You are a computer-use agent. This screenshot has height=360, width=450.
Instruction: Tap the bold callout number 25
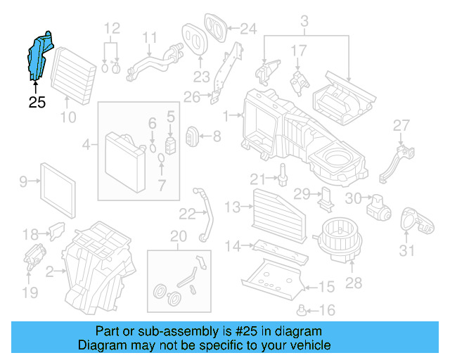click(37, 103)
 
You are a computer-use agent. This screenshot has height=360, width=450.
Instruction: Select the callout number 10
click(67, 117)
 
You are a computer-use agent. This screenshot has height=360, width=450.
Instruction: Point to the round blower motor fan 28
click(338, 235)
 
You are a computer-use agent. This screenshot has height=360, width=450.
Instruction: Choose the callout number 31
click(407, 250)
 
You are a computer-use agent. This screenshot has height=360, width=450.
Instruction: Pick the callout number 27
click(401, 125)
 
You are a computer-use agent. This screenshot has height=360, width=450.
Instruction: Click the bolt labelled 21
click(283, 174)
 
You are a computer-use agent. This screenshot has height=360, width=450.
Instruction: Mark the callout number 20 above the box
click(178, 236)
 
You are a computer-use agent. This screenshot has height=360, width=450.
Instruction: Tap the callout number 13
click(233, 206)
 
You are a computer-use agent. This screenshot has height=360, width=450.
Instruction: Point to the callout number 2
click(49, 271)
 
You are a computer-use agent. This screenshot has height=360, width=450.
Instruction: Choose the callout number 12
click(112, 29)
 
